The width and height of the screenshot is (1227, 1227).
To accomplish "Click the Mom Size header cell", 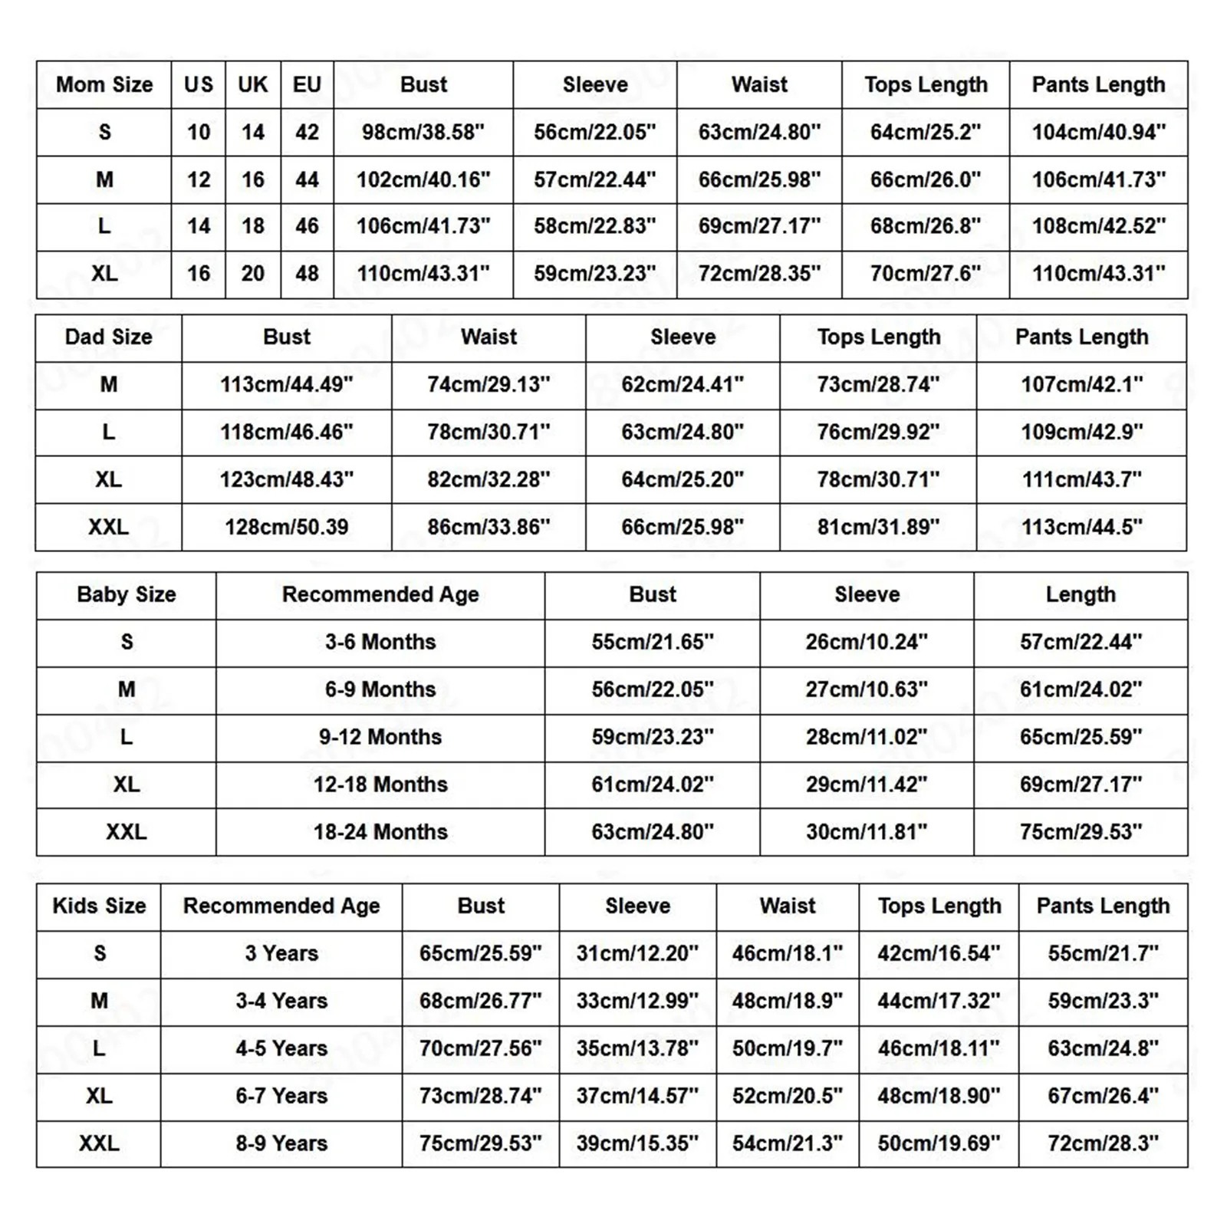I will (x=104, y=84).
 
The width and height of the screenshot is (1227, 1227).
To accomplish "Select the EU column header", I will (x=307, y=84).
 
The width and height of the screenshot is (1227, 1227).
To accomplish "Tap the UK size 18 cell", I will (x=253, y=226).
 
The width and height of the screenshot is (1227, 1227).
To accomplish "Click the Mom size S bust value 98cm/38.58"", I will (x=423, y=132).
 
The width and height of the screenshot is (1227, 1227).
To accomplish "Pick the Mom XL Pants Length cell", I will (x=1098, y=274).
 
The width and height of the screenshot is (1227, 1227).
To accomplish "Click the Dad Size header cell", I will (x=108, y=337).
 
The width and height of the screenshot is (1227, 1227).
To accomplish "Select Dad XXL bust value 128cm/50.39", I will (x=286, y=527).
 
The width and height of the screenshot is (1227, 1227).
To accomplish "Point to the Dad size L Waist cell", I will (x=488, y=432).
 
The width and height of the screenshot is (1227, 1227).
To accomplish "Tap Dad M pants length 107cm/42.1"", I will (x=1081, y=384).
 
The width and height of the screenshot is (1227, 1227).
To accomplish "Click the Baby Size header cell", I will (x=127, y=595).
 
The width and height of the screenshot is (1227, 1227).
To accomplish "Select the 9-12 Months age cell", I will (x=380, y=737).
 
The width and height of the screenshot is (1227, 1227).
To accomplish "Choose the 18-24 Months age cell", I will (x=380, y=832).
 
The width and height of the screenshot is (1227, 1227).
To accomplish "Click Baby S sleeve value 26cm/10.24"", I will (x=867, y=642).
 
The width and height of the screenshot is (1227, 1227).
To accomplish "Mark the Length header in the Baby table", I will (x=1081, y=595).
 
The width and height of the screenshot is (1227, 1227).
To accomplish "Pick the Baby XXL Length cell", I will (x=1081, y=832).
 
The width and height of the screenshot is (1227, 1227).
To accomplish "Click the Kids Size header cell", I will (x=99, y=906).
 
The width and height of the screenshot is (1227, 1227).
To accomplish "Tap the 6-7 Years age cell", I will (x=281, y=1096).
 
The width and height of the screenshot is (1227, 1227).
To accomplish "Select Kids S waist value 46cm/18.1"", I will (x=788, y=953).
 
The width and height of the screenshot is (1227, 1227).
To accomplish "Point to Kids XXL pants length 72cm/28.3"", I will (x=1103, y=1143).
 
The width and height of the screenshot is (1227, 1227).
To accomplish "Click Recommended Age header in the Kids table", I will (x=281, y=906).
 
